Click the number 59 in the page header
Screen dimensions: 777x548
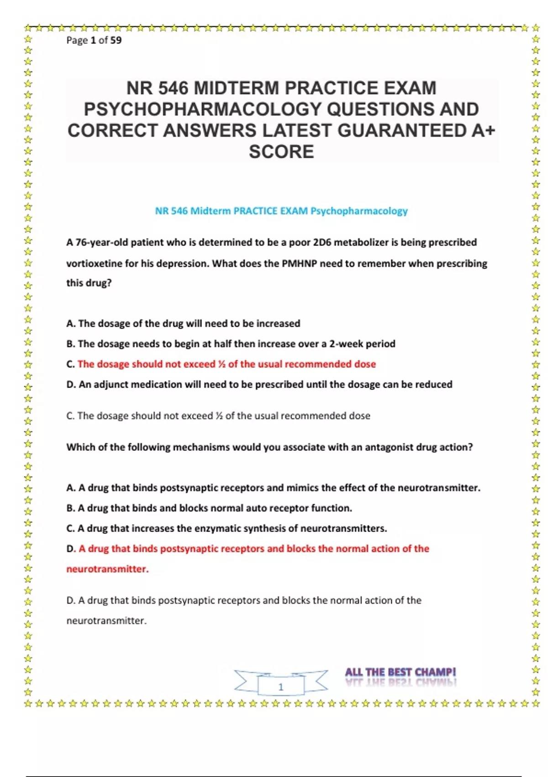(x=116, y=40)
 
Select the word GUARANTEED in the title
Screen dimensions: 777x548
(x=402, y=131)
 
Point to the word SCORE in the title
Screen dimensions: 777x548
(x=281, y=152)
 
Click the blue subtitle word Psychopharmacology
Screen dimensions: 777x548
(x=359, y=211)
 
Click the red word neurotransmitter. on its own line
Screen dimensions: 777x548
(x=107, y=569)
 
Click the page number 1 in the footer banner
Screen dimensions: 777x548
(x=281, y=687)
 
